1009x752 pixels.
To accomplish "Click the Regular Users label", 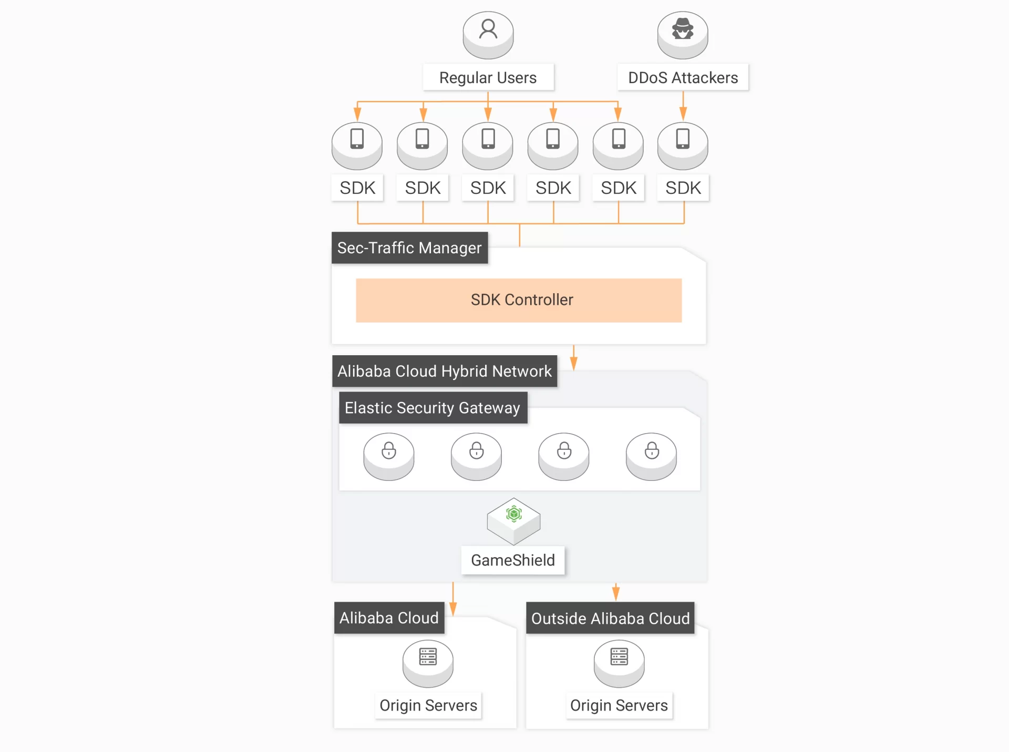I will [488, 78].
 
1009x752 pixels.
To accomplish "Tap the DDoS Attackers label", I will [683, 78].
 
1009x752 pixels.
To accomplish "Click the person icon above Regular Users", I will [488, 29].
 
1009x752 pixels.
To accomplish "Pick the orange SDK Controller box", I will [519, 300].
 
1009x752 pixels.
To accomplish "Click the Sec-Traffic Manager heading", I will [409, 248].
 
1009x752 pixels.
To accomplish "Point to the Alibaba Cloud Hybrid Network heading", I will [445, 371].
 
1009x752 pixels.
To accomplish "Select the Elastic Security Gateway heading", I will [433, 408].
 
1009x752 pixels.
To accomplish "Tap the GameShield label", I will [512, 560].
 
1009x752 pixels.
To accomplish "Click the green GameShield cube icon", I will [513, 514].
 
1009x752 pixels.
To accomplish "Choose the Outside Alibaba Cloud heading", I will [610, 618].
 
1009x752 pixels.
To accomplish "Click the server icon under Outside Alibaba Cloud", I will [619, 657].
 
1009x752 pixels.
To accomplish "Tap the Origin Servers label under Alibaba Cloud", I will [428, 705].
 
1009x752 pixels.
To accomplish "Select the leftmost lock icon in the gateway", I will [389, 451].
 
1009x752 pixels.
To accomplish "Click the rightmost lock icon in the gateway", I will [652, 451].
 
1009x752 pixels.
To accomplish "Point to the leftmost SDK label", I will [357, 188].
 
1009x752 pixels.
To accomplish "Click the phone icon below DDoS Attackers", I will [683, 139].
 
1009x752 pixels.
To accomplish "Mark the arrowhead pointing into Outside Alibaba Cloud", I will [616, 594].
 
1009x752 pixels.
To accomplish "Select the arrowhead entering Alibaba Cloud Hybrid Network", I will [574, 363].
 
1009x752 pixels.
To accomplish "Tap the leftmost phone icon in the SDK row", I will [357, 139].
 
